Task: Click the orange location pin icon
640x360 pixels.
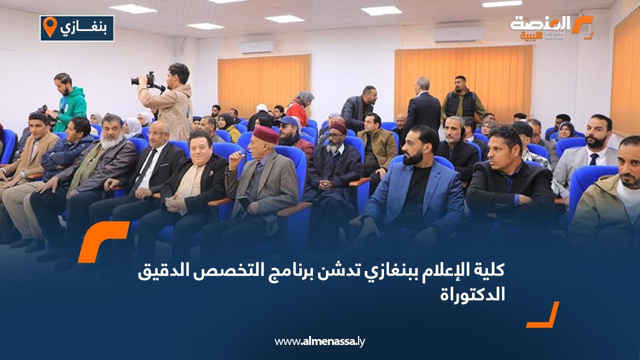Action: point(49,27)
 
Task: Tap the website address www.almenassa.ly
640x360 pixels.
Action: point(320,341)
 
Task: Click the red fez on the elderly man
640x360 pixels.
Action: point(265,134)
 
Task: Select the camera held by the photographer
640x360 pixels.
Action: point(144,79)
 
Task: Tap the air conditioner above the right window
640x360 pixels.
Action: point(457,34)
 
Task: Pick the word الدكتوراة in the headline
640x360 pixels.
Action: point(472,294)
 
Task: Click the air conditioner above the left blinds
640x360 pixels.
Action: point(256,47)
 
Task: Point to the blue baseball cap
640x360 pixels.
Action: point(289,121)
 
